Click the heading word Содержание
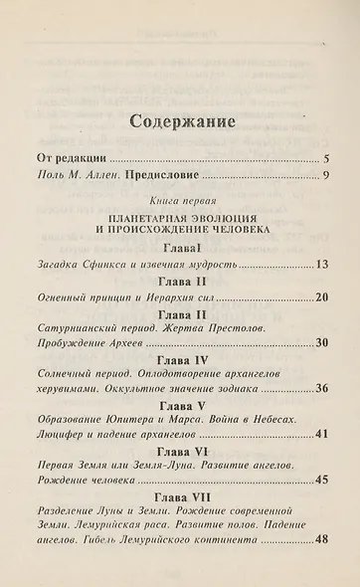tap(179, 123)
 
